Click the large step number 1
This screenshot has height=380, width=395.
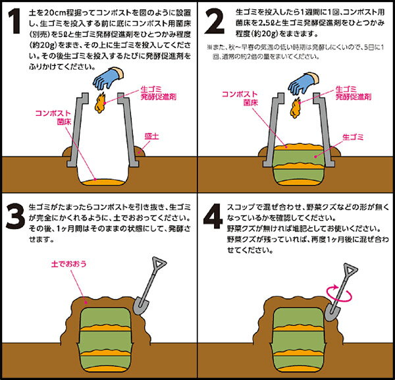(x=14, y=21)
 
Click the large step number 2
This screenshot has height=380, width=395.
(x=215, y=21)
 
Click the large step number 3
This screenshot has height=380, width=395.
(x=15, y=217)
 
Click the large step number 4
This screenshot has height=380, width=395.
(x=213, y=217)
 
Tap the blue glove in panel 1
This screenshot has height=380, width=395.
(x=107, y=78)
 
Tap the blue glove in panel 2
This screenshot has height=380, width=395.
(x=303, y=83)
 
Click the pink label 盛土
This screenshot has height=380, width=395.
(x=151, y=136)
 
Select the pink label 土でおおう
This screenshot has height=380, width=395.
(x=68, y=264)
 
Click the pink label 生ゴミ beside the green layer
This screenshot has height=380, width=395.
(x=353, y=138)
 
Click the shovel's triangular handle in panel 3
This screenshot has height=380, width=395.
(x=159, y=263)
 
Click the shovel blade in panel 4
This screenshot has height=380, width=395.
(x=332, y=312)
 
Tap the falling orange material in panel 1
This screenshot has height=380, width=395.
(x=100, y=103)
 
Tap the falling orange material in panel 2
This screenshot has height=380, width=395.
(x=296, y=108)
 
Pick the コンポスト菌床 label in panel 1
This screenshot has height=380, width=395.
(x=53, y=117)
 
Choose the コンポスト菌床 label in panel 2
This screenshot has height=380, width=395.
(x=240, y=99)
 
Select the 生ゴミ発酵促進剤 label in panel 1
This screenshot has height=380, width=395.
(x=159, y=93)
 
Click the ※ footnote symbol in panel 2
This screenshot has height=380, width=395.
(x=209, y=47)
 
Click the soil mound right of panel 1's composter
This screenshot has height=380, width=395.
(x=140, y=151)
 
